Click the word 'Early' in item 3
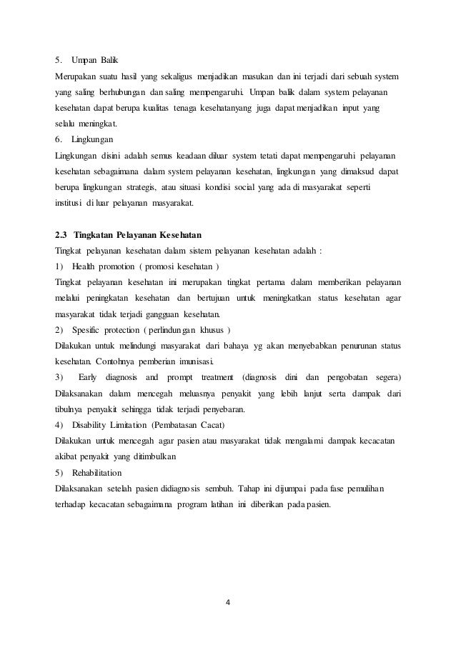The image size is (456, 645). click(x=88, y=376)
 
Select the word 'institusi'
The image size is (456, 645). click(x=69, y=203)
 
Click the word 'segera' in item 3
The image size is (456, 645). click(x=382, y=376)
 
